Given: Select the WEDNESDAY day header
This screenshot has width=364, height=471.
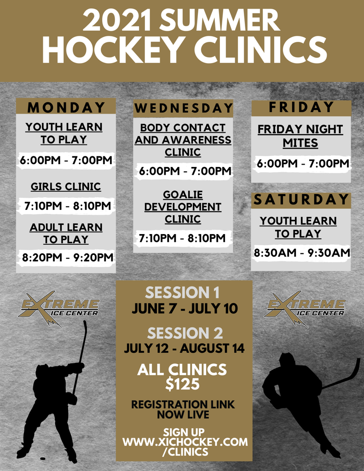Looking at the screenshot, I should [183, 109].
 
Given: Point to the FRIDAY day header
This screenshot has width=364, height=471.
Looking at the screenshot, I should [301, 107].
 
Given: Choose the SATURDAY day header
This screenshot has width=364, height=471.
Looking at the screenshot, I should [301, 200].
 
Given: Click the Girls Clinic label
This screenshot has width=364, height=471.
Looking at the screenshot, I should [66, 187].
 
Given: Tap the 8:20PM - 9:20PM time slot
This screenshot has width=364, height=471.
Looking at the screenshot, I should [67, 258].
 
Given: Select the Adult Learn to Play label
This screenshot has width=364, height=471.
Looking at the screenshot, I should [66, 233].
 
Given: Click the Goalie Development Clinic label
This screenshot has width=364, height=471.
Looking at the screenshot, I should [183, 207].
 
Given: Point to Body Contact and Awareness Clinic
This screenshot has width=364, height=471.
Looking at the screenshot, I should [183, 140].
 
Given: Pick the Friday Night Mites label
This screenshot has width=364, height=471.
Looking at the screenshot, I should [300, 136].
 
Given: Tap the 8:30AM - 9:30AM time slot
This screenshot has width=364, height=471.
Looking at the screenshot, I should [302, 253].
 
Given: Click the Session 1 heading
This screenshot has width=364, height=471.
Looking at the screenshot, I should [182, 293].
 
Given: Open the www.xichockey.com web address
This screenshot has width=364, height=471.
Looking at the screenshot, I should [185, 442].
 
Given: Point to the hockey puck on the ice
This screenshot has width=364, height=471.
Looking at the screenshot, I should [43, 458].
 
